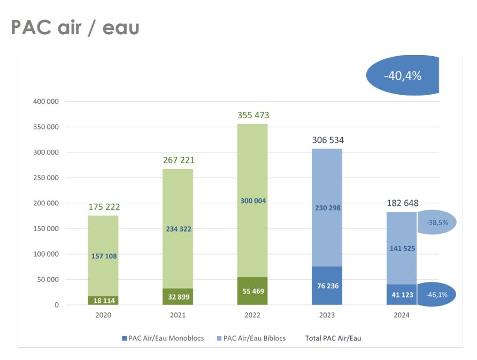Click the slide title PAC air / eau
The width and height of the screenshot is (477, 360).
coord(75,28)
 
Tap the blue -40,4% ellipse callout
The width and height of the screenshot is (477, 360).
coord(402,75)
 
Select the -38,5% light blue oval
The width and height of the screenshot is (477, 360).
coord(436,223)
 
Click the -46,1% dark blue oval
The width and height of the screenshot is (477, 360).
coord(436,294)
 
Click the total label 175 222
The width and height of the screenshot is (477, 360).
coord(103,206)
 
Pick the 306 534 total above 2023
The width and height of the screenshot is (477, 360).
coord(327,140)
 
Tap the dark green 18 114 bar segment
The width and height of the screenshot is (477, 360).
coord(103,301)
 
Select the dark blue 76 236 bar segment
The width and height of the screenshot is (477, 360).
coord(327,286)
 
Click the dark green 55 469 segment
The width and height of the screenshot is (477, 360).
coord(252,291)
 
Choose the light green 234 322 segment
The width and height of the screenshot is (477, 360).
coord(178,229)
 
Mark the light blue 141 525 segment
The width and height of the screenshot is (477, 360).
coord(402,248)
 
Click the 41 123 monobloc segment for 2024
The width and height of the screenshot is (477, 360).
coord(402,295)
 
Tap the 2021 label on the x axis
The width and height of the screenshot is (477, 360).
coord(178,316)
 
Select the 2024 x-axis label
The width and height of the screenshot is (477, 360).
coord(402,316)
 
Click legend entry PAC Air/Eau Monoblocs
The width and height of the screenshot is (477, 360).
coord(163,338)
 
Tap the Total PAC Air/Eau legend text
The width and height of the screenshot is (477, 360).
coord(333,338)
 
